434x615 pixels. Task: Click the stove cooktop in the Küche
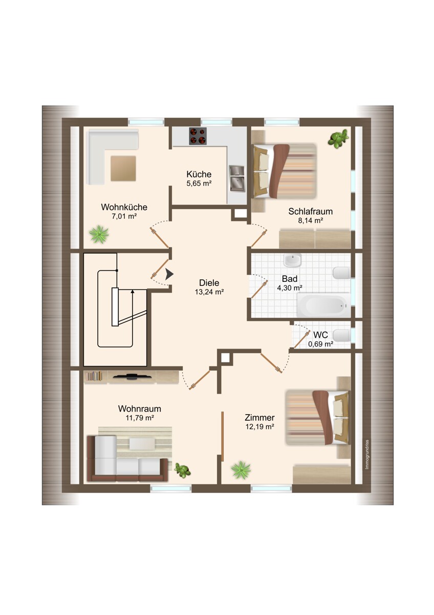(x=198, y=136)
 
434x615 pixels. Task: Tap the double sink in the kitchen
(x=237, y=178)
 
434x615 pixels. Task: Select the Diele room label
(x=209, y=283)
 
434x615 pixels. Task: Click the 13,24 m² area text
(x=209, y=292)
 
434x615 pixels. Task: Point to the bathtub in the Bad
(x=323, y=305)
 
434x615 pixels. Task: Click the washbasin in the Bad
(x=293, y=260)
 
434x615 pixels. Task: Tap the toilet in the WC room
(x=341, y=336)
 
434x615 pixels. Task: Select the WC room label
(x=320, y=335)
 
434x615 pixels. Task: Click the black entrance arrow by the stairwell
(x=169, y=274)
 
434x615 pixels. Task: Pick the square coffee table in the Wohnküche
(x=123, y=169)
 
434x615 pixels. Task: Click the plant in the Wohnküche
(x=99, y=234)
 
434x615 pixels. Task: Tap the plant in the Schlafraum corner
(x=338, y=139)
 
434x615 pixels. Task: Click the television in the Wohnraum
(x=133, y=376)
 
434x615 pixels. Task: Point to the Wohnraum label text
(x=140, y=409)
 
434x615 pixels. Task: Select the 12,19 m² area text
(x=260, y=426)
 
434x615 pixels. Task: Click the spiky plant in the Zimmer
(x=241, y=470)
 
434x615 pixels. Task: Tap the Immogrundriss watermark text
(x=367, y=455)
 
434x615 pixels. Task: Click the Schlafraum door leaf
(x=259, y=238)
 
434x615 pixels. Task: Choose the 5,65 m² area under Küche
(x=199, y=183)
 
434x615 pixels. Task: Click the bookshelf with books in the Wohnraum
(x=94, y=376)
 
